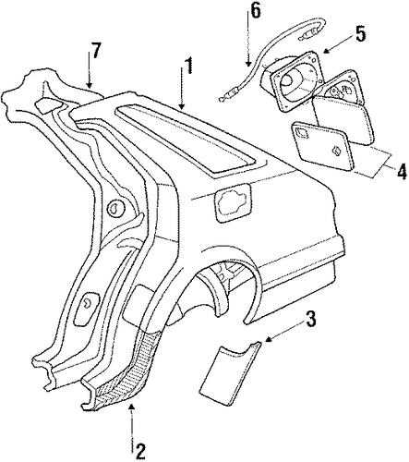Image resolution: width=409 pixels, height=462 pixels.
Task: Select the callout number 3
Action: (x=310, y=320)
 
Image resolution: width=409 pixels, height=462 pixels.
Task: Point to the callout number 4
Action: (x=401, y=172)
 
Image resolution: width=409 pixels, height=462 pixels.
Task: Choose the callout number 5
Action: (x=360, y=33)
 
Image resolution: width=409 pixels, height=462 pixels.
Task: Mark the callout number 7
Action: (x=95, y=50)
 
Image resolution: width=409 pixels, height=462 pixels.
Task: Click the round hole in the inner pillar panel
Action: (x=114, y=209)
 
